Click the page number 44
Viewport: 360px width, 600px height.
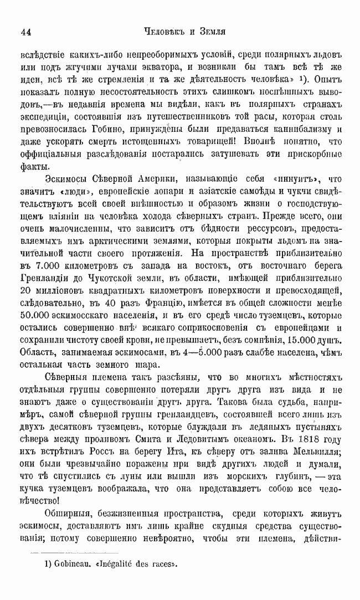[25, 32]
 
